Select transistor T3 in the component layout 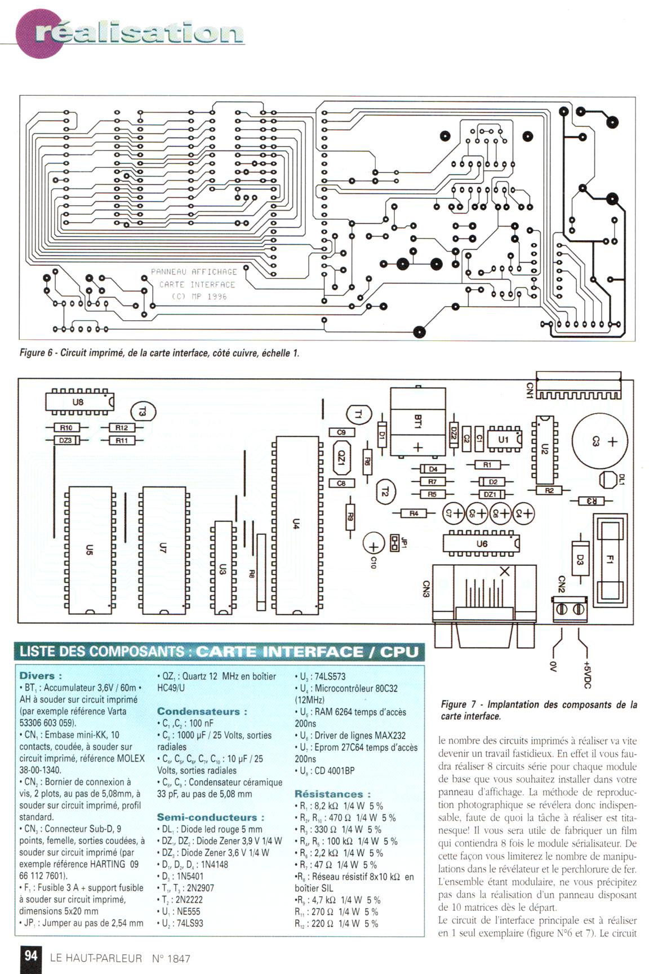click(143, 412)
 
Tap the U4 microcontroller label click(295, 524)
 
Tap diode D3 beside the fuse click(580, 560)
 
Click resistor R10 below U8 click(66, 428)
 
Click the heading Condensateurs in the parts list click(202, 711)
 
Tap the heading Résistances click(332, 794)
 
